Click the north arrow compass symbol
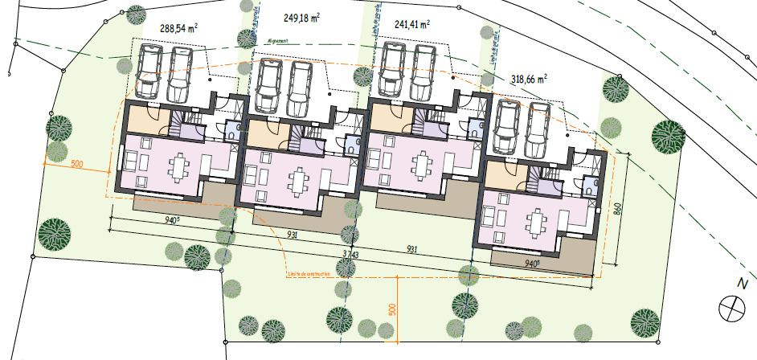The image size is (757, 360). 732,308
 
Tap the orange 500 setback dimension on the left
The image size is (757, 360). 77,165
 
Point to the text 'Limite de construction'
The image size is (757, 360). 309,275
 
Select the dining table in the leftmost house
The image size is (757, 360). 178,166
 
